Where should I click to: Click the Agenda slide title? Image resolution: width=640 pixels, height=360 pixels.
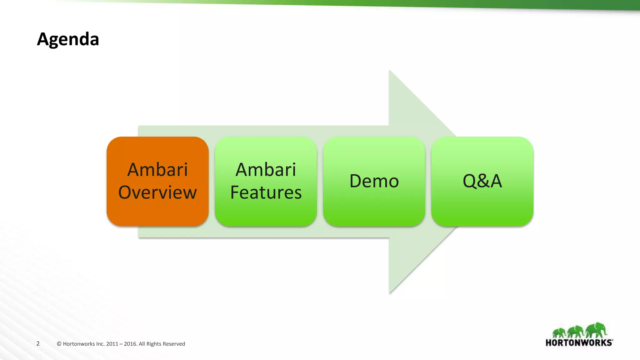click(x=68, y=39)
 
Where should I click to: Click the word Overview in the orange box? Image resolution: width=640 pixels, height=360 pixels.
click(x=157, y=192)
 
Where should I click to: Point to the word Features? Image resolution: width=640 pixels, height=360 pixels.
click(x=266, y=192)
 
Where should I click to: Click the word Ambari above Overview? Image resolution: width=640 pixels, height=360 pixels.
click(x=157, y=170)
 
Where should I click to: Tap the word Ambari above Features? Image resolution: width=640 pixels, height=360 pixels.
click(x=266, y=170)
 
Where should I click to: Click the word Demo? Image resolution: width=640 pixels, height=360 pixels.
click(x=374, y=181)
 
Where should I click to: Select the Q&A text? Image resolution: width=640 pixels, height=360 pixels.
click(x=482, y=181)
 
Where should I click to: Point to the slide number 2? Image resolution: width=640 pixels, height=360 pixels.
click(x=38, y=344)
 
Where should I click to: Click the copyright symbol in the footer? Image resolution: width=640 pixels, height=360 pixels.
click(x=59, y=344)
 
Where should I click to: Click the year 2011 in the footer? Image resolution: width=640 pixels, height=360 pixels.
click(x=112, y=344)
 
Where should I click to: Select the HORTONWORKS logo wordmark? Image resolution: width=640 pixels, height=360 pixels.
click(x=579, y=343)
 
